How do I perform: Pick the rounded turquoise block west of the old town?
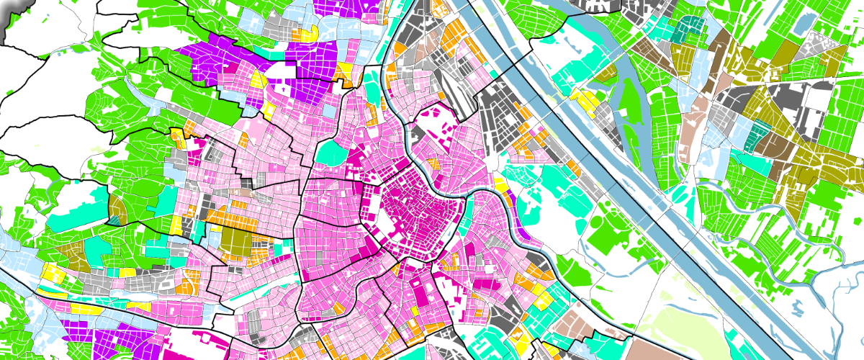pos(333,152)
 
